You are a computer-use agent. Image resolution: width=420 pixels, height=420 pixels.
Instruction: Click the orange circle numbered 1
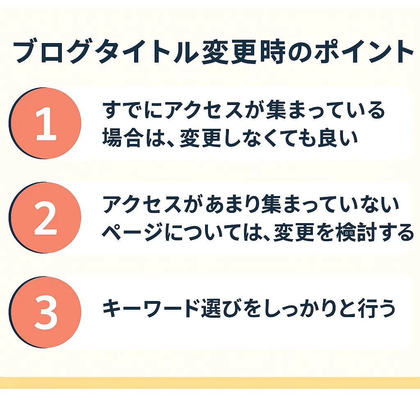pos(45,123)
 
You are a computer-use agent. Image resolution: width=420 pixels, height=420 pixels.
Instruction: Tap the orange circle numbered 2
pos(45,217)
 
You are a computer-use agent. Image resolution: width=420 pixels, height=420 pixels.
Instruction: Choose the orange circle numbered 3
pos(45,312)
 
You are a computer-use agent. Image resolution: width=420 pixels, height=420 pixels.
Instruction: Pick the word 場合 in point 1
pos(122,138)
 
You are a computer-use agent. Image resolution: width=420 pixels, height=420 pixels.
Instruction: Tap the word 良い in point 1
pos(338,138)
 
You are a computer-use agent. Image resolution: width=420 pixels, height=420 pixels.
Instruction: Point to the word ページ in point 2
pos(132,232)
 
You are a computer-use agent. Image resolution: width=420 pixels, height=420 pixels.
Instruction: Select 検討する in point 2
pos(374,232)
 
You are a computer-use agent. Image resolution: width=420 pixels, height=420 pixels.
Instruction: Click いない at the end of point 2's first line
pos(371,204)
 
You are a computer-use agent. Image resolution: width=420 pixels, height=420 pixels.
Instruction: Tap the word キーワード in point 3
pos(151,308)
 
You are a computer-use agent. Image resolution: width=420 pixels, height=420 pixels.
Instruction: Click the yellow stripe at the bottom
pos(210,383)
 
